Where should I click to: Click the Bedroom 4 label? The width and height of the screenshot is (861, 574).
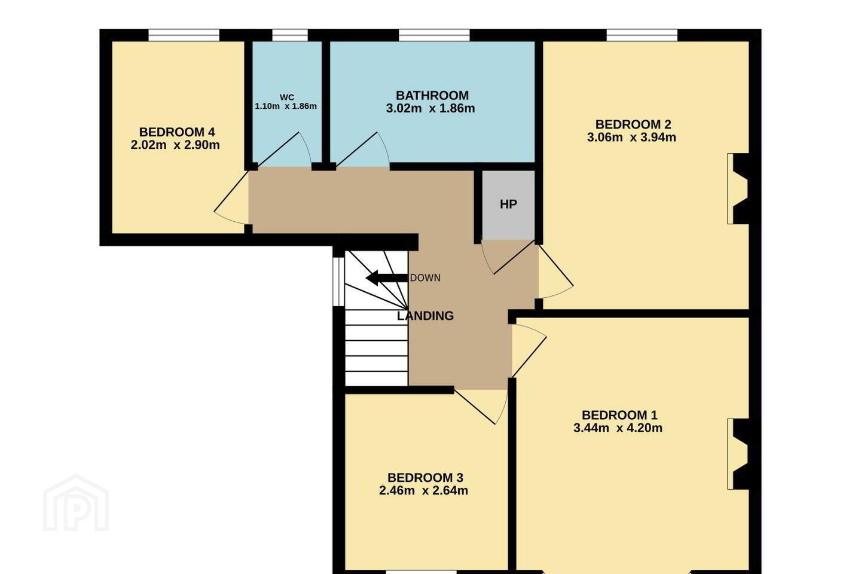tap(177, 132)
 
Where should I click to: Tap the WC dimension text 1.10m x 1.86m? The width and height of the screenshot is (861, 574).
tap(286, 106)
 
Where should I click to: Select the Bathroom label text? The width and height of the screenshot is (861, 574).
tap(432, 95)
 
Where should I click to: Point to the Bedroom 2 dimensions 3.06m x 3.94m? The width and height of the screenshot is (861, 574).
tap(631, 138)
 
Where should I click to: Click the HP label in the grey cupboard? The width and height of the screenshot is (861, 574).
tap(508, 204)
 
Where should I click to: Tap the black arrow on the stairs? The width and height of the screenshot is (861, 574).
tap(386, 277)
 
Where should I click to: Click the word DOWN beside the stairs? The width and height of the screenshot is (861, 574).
tap(425, 277)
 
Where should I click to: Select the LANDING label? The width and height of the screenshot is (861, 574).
tap(425, 316)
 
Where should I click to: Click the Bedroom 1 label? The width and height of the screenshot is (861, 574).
tap(619, 415)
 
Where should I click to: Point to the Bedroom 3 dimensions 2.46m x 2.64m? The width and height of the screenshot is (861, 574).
tap(423, 490)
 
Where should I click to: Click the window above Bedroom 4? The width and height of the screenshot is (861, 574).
tap(184, 35)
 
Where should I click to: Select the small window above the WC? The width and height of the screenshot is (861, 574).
tap(290, 35)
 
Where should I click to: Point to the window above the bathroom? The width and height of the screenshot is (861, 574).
tap(434, 35)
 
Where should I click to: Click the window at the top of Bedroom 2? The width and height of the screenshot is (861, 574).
tap(642, 35)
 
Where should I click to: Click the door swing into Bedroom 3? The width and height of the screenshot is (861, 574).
tap(481, 407)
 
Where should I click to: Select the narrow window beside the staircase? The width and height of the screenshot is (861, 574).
tap(338, 282)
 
